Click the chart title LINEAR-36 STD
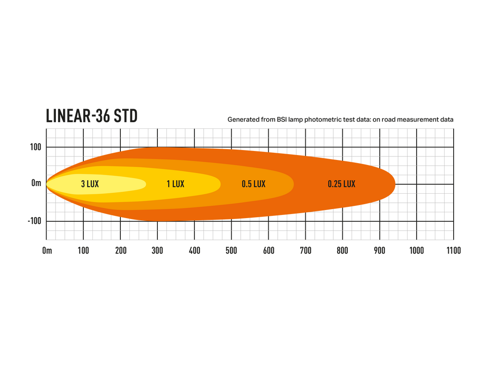click(x=92, y=116)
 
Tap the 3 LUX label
click(x=90, y=184)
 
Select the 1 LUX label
click(x=175, y=184)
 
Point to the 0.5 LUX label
click(x=254, y=184)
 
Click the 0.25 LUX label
click(x=342, y=184)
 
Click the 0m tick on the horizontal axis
click(x=47, y=251)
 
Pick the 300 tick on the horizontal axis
click(x=157, y=251)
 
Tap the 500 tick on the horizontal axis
click(x=231, y=251)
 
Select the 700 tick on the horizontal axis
click(x=306, y=251)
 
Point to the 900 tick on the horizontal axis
click(x=380, y=251)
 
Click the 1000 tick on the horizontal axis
click(x=417, y=251)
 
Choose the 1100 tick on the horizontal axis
click(x=454, y=251)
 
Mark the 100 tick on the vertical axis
click(x=36, y=147)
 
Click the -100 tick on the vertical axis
click(x=34, y=221)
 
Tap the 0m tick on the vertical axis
click(x=37, y=183)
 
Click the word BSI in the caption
click(x=282, y=119)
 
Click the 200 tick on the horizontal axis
click(x=120, y=251)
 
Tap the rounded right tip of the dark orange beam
click(x=395, y=184)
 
